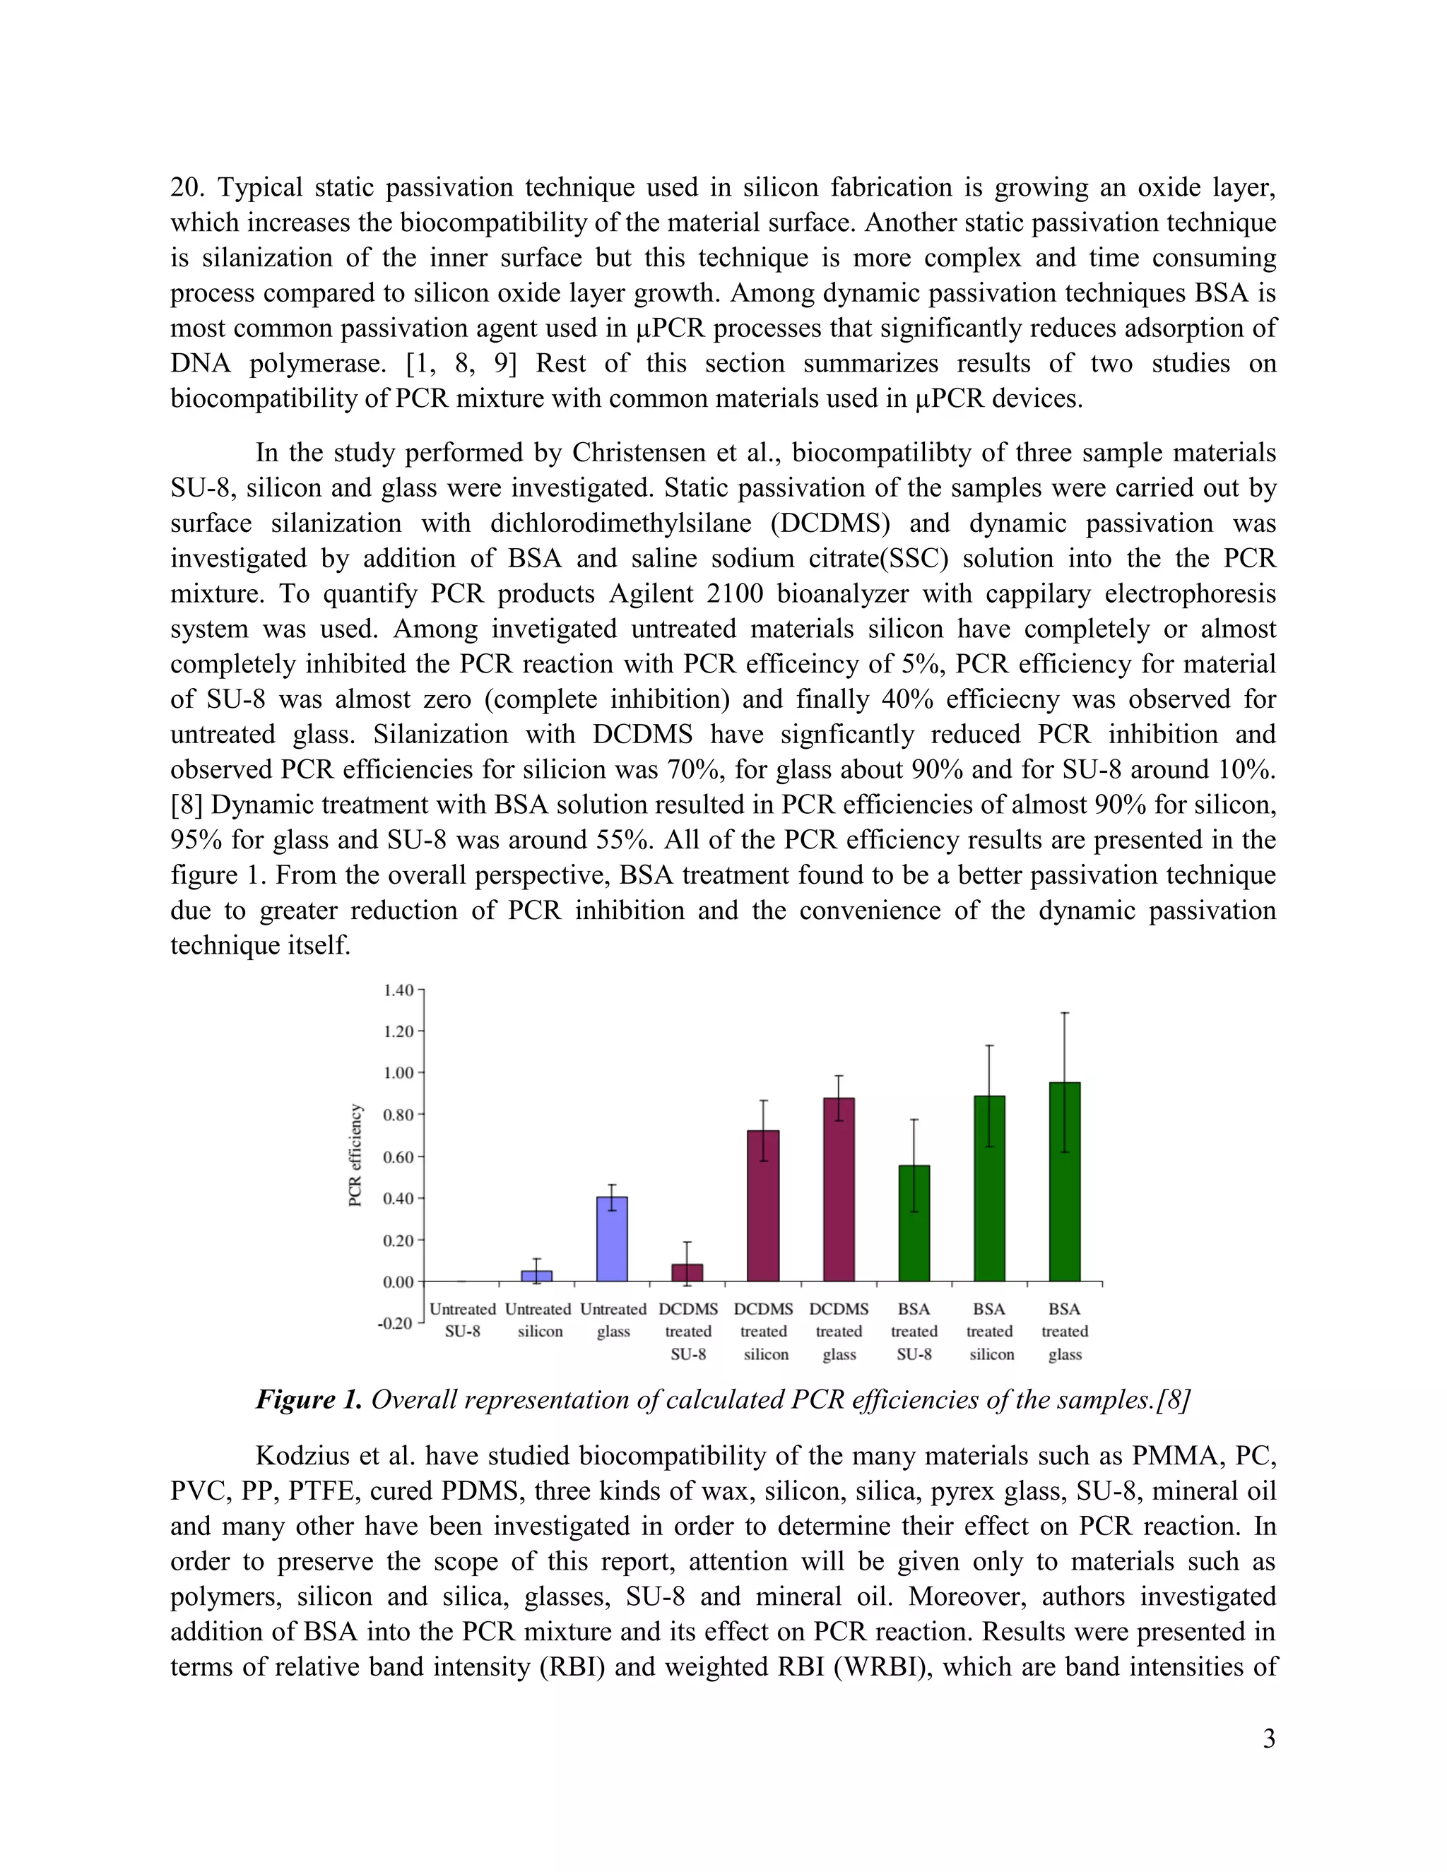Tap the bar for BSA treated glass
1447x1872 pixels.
click(x=1065, y=1183)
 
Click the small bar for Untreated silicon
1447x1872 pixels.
click(x=537, y=1276)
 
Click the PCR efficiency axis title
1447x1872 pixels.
click(x=355, y=1156)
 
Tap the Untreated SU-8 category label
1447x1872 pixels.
click(x=462, y=1320)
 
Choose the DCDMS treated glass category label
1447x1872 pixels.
click(x=839, y=1331)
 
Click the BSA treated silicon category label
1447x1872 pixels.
click(x=990, y=1331)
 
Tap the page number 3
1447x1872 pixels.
click(x=1269, y=1739)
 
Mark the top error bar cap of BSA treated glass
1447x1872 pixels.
click(x=1065, y=1013)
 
